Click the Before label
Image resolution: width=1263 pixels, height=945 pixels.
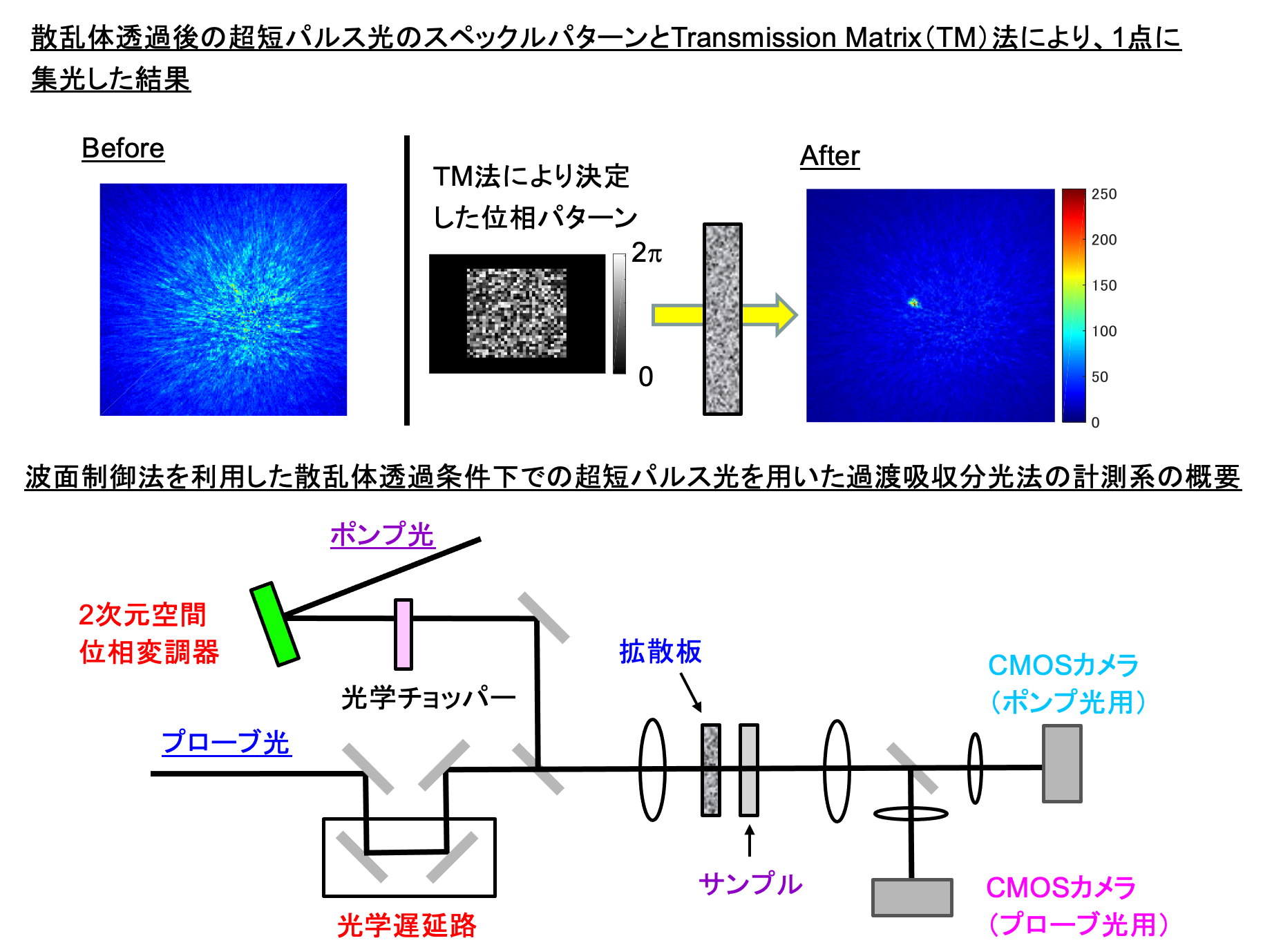[123, 149]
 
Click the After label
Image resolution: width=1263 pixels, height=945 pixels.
[830, 156]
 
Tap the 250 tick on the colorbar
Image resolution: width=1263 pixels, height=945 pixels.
[1104, 194]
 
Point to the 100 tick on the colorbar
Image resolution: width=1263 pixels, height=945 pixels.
[1104, 331]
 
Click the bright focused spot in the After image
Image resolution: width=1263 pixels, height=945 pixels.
[913, 302]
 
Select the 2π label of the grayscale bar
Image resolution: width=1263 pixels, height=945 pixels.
[647, 253]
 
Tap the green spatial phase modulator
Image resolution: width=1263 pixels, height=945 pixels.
[274, 624]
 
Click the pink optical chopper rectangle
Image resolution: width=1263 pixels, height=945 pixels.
[403, 634]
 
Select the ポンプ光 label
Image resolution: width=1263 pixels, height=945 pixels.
[382, 535]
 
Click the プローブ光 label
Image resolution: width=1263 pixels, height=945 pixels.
[226, 742]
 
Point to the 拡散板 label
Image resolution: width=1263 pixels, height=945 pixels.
[661, 651]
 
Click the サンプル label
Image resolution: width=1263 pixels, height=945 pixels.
[750, 884]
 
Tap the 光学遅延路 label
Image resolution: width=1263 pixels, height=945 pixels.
[407, 925]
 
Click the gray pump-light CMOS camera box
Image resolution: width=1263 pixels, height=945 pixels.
[1062, 763]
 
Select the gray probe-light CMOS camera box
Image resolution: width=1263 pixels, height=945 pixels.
[912, 897]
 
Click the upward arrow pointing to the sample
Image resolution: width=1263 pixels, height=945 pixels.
[750, 840]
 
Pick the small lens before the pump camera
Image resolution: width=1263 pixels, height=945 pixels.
[975, 768]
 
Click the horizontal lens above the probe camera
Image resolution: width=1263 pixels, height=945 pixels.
[911, 813]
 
